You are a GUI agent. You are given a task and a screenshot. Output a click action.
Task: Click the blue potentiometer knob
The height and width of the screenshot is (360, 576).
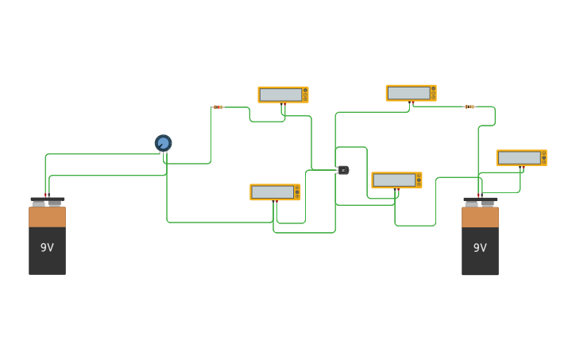tap(163, 143)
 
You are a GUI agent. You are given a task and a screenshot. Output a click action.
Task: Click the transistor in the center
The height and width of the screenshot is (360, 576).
tap(343, 169)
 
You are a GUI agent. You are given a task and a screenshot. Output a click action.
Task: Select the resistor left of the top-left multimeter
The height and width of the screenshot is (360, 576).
tap(218, 106)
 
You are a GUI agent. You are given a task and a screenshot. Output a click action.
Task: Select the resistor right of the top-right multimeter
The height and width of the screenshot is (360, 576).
tap(470, 106)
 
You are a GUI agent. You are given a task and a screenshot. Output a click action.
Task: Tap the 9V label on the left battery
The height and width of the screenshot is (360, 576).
tap(47, 247)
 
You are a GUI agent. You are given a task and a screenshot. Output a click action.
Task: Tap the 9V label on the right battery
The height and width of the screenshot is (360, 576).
tap(480, 247)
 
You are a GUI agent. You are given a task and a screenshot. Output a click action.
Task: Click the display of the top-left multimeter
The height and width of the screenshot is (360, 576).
tap(280, 95)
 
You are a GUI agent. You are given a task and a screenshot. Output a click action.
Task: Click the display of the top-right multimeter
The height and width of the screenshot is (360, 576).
tap(408, 93)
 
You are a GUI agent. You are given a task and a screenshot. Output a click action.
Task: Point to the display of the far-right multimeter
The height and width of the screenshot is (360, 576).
tap(519, 157)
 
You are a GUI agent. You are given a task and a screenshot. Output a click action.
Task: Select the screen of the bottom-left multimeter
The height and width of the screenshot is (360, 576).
tap(272, 192)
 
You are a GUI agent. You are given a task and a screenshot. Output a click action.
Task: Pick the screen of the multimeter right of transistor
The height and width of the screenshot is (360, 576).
tap(394, 180)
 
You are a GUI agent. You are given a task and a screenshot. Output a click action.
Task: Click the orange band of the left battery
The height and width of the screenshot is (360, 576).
tap(47, 217)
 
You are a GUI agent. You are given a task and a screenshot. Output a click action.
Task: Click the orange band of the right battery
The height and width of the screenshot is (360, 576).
tap(480, 217)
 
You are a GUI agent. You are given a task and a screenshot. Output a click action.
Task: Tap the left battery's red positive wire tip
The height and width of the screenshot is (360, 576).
tap(46, 195)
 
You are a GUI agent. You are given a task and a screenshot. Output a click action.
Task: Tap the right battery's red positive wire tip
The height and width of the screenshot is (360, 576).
tap(479, 195)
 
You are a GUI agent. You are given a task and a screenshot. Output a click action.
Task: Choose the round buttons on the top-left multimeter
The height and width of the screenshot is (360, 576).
tap(304, 95)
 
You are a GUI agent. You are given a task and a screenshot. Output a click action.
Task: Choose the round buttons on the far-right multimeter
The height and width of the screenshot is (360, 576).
tap(543, 157)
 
